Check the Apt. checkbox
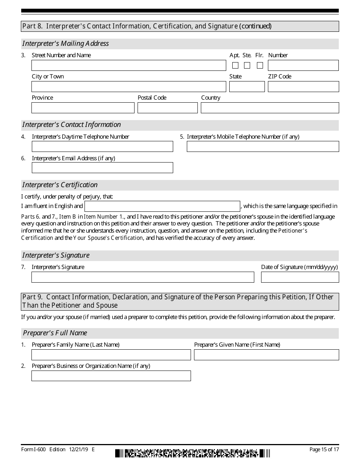pyautogui.click(x=235, y=65)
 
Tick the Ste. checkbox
pyautogui.click(x=247, y=65)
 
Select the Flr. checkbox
pyautogui.click(x=260, y=65)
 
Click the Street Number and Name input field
pyautogui.click(x=128, y=66)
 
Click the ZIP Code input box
pyautogui.click(x=303, y=87)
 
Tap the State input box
pyautogui.click(x=247, y=87)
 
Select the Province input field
pyautogui.click(x=83, y=108)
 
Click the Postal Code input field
pyautogui.click(x=167, y=108)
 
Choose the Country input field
pyautogui.click(x=270, y=108)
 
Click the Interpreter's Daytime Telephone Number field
pyautogui.click(x=102, y=147)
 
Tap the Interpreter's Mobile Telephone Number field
pyautogui.click(x=263, y=147)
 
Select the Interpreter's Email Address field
pyautogui.click(x=102, y=168)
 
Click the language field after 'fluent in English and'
pyautogui.click(x=162, y=206)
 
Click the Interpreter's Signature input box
pyautogui.click(x=142, y=277)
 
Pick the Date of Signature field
pyautogui.click(x=300, y=277)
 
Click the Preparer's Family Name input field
pyautogui.click(x=111, y=355)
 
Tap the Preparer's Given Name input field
pyautogui.click(x=266, y=355)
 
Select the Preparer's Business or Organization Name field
pyautogui.click(x=111, y=376)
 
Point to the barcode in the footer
pyautogui.click(x=193, y=453)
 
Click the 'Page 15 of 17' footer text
pyautogui.click(x=324, y=450)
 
